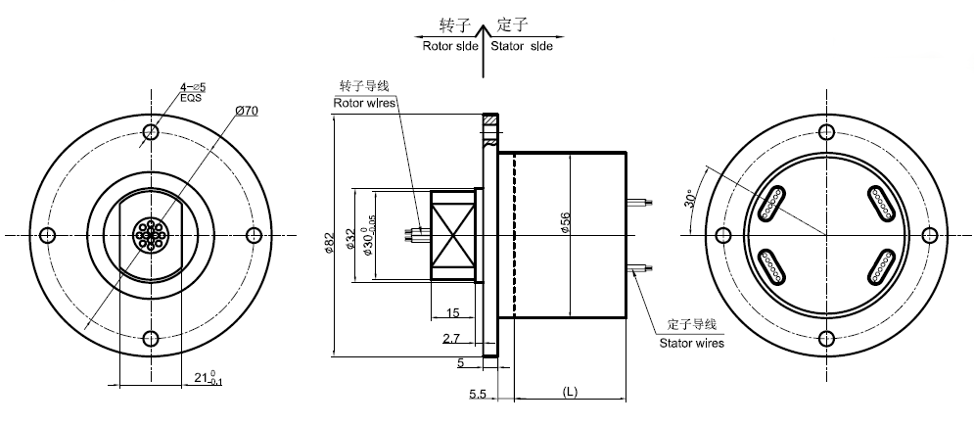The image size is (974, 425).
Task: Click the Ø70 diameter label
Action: tap(247, 111)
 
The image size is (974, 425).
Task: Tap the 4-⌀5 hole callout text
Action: tap(192, 88)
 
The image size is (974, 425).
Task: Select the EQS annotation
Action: tap(191, 99)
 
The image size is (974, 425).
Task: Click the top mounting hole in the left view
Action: tap(151, 132)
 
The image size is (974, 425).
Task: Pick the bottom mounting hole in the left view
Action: tap(151, 339)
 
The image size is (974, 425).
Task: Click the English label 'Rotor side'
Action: tap(450, 46)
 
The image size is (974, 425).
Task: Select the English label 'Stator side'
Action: tap(521, 46)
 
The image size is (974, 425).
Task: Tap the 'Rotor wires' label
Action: tap(366, 101)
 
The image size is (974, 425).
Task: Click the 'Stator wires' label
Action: tap(692, 343)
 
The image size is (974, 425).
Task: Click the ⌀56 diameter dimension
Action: tap(566, 224)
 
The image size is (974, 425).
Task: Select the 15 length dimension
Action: tap(452, 312)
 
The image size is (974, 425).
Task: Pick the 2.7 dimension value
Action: tap(452, 338)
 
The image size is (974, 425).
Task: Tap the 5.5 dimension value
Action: tap(479, 394)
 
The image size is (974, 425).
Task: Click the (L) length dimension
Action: tap(570, 392)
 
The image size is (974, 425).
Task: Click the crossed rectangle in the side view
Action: tap(452, 235)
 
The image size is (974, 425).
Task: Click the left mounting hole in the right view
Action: tap(723, 235)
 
